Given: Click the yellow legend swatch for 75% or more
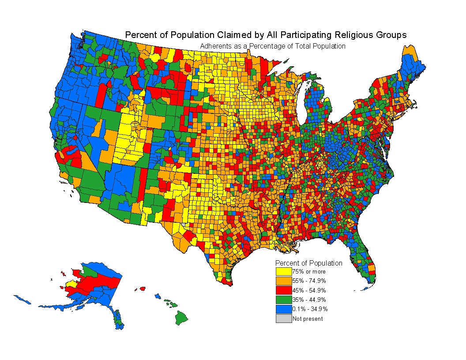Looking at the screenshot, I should click(284, 271).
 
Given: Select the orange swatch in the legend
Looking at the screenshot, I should click(284, 281).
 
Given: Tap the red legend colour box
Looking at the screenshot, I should click(284, 290).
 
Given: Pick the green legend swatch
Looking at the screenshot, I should click(284, 300).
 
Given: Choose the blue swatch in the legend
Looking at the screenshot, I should click(284, 309).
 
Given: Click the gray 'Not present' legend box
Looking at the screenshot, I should click(284, 319).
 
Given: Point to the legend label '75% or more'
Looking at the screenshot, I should click(308, 272).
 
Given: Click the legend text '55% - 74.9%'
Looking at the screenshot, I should click(309, 281).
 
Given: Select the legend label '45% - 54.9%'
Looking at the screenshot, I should click(309, 290).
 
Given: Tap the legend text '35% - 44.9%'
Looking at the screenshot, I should click(309, 300).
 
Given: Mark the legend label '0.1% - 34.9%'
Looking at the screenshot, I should click(310, 309).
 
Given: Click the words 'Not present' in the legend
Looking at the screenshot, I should click(308, 319).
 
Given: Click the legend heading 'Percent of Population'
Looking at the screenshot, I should click(308, 263).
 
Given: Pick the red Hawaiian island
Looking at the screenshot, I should click(142, 289).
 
